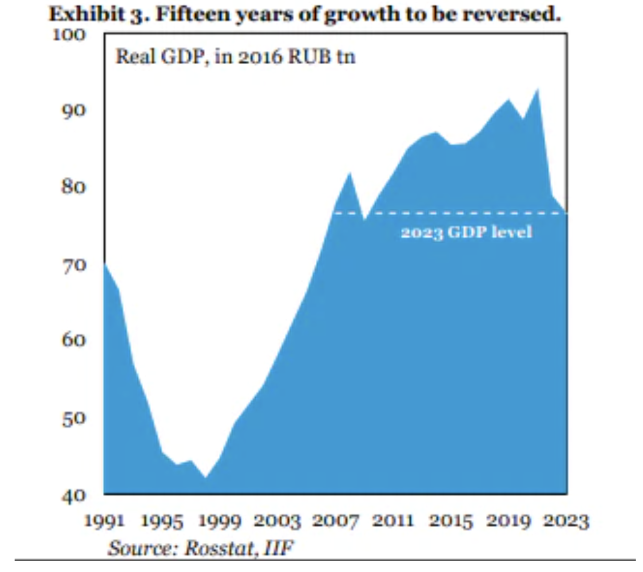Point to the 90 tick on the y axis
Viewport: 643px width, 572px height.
73,110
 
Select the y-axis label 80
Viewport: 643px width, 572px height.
73,186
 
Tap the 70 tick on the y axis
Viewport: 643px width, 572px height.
73,265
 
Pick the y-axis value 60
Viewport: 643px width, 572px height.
73,340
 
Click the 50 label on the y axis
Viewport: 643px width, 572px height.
73,418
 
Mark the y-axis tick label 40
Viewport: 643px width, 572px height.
73,495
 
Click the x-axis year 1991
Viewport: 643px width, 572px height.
105,521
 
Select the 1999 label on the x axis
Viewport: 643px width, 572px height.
220,521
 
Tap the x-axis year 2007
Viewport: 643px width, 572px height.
336,521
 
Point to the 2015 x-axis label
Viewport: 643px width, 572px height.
450,521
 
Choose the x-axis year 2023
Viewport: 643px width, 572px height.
566,521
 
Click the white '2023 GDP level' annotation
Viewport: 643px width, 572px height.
466,232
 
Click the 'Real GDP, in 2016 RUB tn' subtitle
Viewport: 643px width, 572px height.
235,56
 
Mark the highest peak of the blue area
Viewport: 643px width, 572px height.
537,90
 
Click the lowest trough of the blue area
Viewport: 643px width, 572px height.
205,476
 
